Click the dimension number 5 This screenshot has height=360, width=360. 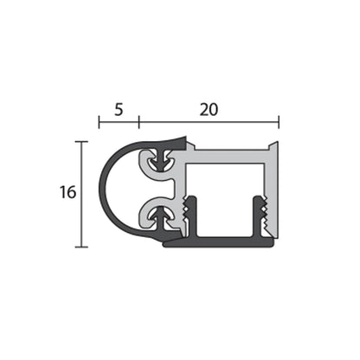(119, 110)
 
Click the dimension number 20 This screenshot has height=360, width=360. (209, 110)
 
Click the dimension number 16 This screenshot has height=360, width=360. (68, 193)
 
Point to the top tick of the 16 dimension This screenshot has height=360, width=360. (81, 141)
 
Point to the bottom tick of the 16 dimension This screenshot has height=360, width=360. (81, 247)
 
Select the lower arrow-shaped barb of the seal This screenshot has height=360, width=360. (158, 213)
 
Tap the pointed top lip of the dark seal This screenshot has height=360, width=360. (183, 138)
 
